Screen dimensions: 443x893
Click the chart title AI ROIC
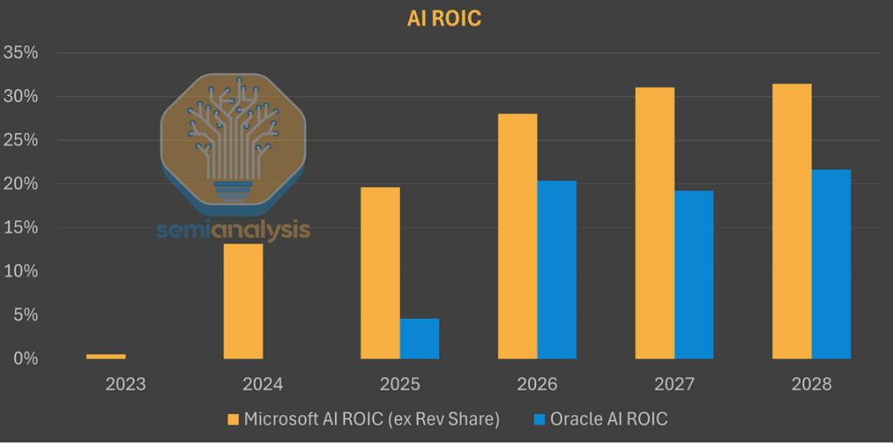coord(444,18)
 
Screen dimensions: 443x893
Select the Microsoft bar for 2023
coord(106,356)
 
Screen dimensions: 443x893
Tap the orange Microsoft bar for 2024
coord(243,301)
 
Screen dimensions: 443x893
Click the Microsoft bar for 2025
coord(380,273)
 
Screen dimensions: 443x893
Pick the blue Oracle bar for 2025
coord(419,338)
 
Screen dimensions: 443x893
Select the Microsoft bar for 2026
coord(518,236)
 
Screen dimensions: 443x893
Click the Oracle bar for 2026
coord(556,269)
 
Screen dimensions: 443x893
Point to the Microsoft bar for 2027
coord(655,223)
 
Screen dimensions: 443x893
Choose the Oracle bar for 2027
coord(694,274)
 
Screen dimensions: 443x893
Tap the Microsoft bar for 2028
coord(792,221)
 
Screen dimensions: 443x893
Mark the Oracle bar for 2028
coord(831,264)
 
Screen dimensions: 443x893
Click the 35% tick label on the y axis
coord(21,53)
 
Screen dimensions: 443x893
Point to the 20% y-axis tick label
coord(21,183)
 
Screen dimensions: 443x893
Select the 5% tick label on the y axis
coord(25,315)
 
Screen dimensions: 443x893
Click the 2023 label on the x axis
coord(126,384)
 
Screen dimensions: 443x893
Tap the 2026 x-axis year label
coord(537,384)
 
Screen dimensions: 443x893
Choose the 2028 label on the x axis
coord(811,384)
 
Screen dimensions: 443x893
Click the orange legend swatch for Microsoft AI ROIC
coord(233,420)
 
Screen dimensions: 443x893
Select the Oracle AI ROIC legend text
coord(611,420)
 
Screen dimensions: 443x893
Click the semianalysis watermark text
coord(233,230)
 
